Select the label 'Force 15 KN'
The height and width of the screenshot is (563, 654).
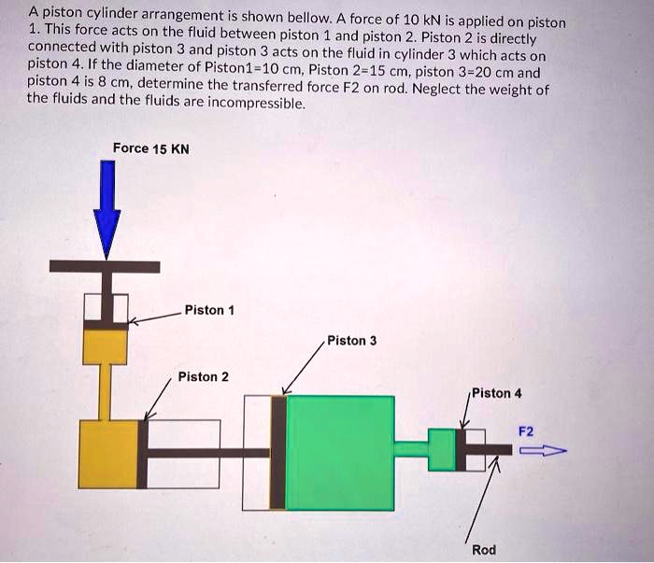click(x=150, y=148)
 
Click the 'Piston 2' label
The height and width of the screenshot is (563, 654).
click(x=203, y=377)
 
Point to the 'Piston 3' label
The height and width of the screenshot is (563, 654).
click(x=351, y=341)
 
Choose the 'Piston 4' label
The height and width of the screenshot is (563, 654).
click(x=496, y=393)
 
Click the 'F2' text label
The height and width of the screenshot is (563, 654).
click(x=526, y=430)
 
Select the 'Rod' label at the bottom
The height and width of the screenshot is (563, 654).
click(x=484, y=550)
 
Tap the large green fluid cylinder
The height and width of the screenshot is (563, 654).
click(x=339, y=452)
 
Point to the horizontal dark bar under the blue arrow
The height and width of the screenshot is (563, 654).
click(x=105, y=267)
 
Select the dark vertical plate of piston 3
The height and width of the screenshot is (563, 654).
click(x=278, y=452)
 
